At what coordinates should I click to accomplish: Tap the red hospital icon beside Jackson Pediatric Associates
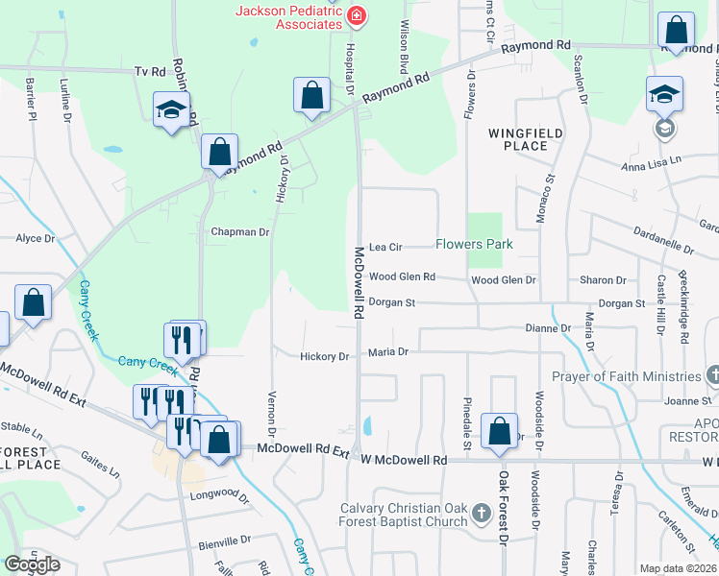pos(357,15)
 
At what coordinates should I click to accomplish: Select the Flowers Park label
pos(474,244)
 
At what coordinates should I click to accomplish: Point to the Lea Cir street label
pos(385,246)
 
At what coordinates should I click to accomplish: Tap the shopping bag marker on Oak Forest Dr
pos(500,432)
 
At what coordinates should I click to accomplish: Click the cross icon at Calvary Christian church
pos(482,516)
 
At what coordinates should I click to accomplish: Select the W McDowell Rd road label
pos(404,460)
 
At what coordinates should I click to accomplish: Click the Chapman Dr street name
pos(240,231)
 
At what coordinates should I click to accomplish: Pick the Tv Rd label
pos(151,71)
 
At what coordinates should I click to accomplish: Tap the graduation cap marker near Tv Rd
pos(171,110)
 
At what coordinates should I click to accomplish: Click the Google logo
pos(32,564)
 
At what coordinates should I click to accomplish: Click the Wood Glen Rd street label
pos(402,276)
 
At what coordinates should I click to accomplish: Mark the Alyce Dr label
pos(35,238)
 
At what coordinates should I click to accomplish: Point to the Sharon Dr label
pos(603,280)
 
